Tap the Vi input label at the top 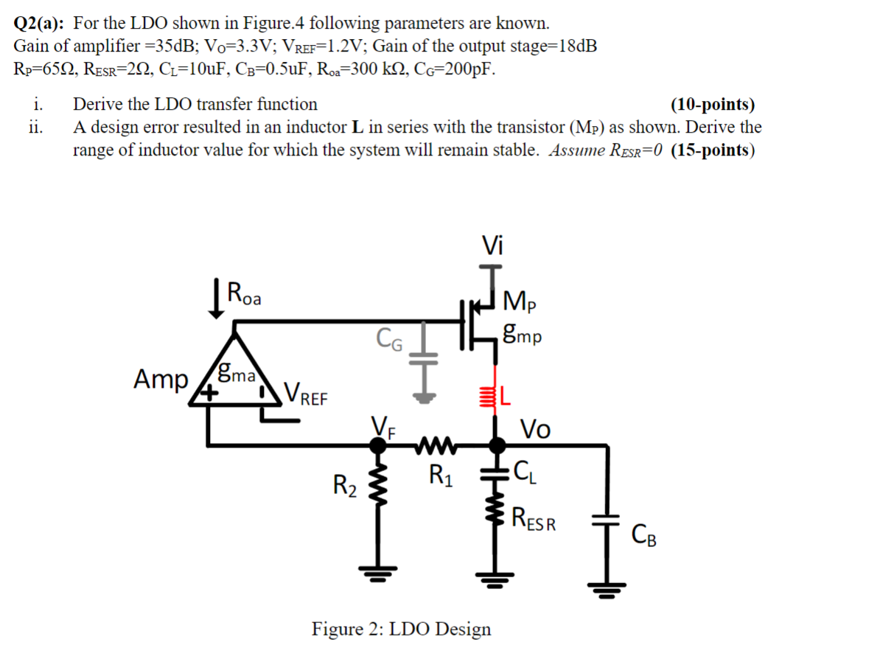click(492, 243)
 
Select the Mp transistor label click(520, 302)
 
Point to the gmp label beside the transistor click(523, 336)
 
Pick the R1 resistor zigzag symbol click(439, 445)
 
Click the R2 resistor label click(345, 486)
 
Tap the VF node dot click(378, 445)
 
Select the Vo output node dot click(498, 445)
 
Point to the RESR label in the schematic click(534, 520)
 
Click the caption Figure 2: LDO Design click(401, 629)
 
